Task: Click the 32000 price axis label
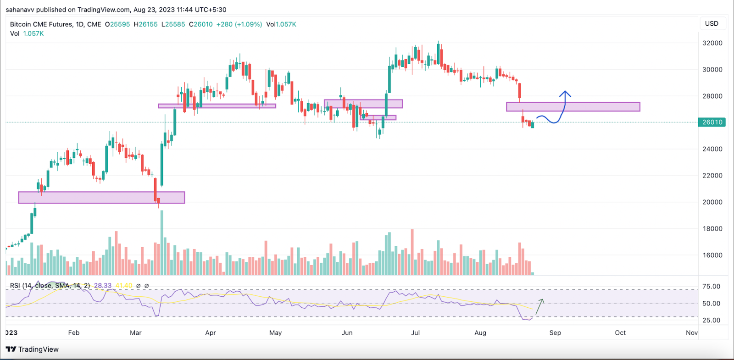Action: [x=712, y=43]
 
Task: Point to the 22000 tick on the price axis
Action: [x=712, y=176]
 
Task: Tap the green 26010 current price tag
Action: [x=712, y=122]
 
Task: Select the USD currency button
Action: [x=712, y=23]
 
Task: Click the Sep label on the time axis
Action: [x=555, y=333]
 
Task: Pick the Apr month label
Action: [x=211, y=333]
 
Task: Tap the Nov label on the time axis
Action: [x=691, y=333]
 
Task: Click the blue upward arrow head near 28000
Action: [x=565, y=94]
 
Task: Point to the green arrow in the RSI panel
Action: [x=540, y=306]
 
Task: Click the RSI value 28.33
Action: [x=103, y=286]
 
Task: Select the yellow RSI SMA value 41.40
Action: [x=124, y=286]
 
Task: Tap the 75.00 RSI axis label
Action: [x=711, y=287]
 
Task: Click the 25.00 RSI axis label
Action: [x=711, y=321]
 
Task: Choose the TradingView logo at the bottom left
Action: [x=32, y=349]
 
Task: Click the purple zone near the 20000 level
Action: [x=101, y=198]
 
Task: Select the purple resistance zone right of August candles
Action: [x=573, y=107]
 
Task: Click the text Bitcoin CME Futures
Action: [x=41, y=24]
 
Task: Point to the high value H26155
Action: [x=146, y=24]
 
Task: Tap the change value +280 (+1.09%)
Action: [x=239, y=24]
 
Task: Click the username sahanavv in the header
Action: [x=20, y=10]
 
